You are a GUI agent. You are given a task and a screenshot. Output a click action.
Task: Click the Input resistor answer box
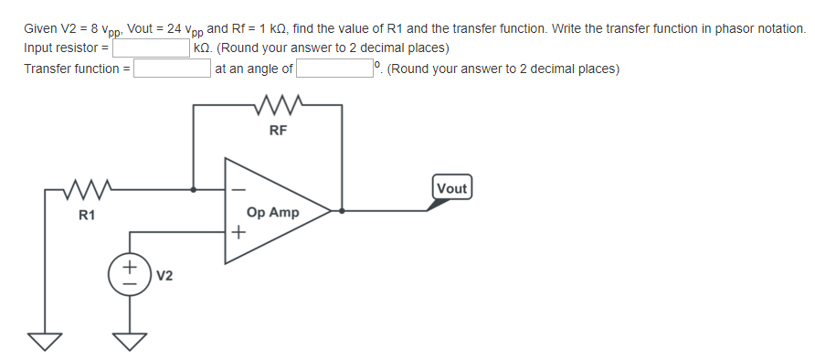pos(151,48)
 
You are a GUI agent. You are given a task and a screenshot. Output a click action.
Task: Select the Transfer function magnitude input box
pos(173,69)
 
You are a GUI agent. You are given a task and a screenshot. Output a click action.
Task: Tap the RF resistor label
pos(279,131)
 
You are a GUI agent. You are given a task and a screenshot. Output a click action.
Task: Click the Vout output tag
pos(452,189)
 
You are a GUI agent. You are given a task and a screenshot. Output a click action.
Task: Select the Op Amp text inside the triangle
pos(272,212)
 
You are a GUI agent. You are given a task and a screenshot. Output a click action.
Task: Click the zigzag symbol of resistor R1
pos(88,191)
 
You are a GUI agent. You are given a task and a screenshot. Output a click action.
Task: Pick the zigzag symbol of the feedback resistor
pos(280,106)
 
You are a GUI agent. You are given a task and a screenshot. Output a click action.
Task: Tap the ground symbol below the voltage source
pos(129,341)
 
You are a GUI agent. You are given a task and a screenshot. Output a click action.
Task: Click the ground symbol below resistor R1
pos(40,341)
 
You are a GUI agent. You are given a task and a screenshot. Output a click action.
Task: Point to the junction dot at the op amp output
pos(342,210)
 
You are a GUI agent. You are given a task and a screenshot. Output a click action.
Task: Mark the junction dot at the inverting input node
pos(193,190)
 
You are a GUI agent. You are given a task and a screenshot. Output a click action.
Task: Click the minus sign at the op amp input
pos(239,190)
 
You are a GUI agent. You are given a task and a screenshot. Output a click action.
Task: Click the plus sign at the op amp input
pos(238,232)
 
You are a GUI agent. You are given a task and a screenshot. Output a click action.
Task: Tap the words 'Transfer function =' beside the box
pos(77,69)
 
